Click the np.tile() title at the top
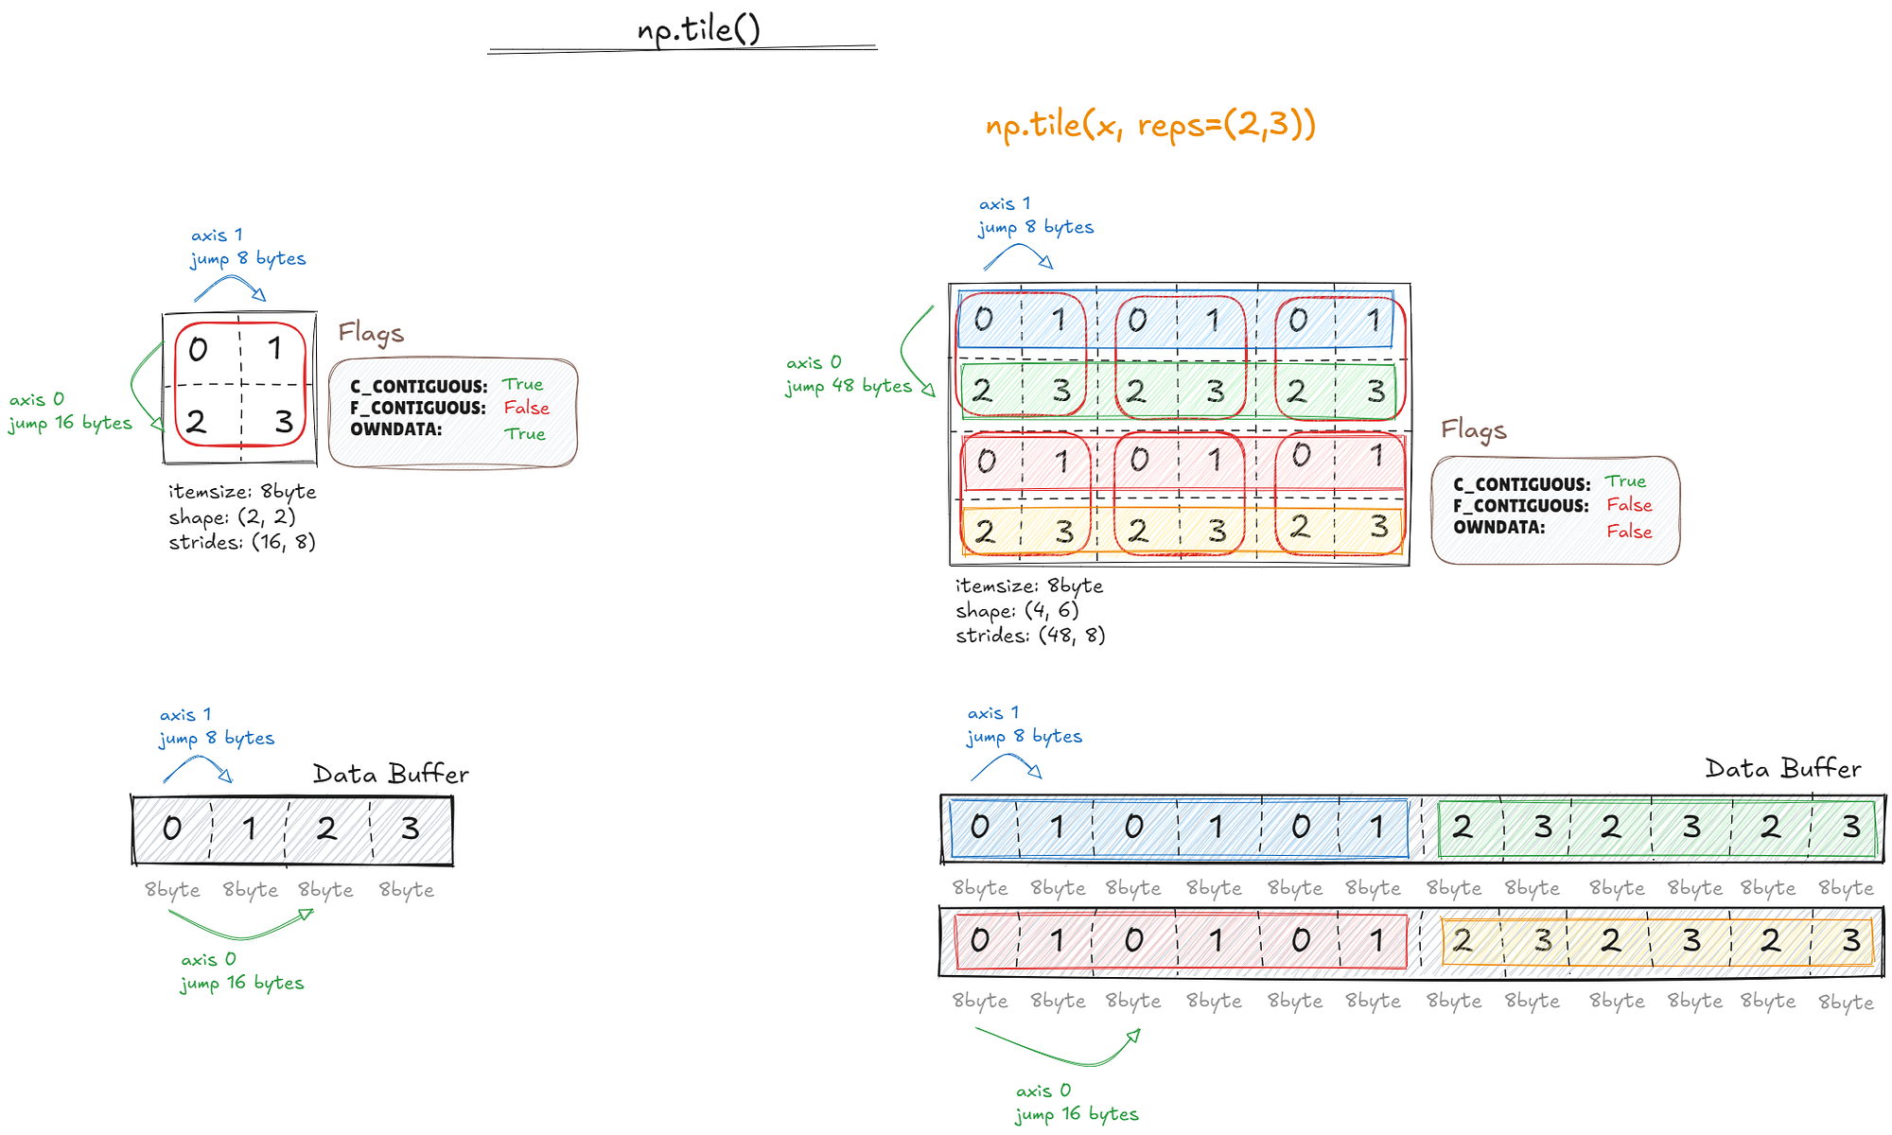point(698,29)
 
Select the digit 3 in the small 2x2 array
point(284,422)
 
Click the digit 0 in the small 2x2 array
point(198,350)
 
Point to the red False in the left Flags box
point(526,408)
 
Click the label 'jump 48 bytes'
point(848,386)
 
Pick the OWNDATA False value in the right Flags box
point(1629,532)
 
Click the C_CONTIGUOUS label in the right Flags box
point(1521,484)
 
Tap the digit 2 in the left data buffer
point(326,829)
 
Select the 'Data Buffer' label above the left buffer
point(391,775)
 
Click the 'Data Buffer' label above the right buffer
point(1782,769)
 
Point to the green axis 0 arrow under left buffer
point(242,927)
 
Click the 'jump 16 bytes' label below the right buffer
point(1077,1114)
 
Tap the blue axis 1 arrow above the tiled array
point(1018,253)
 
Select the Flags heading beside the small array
point(371,333)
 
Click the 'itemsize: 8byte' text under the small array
point(242,492)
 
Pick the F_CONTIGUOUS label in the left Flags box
point(417,408)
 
